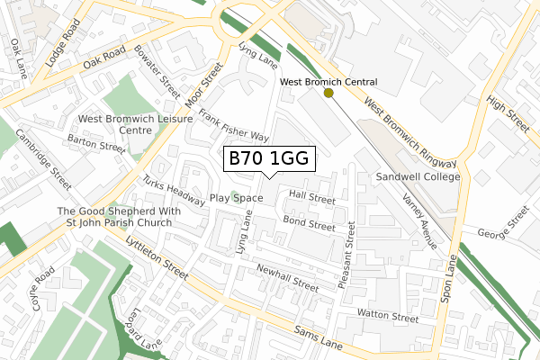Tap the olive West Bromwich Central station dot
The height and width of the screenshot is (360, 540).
pos(328,93)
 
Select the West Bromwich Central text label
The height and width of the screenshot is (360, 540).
pos(328,81)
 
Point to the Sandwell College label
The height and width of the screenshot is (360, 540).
pos(418,177)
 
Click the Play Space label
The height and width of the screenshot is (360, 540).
pos(236,198)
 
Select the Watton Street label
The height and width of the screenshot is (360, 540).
pos(388,315)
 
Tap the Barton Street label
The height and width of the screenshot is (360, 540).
pos(97,144)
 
